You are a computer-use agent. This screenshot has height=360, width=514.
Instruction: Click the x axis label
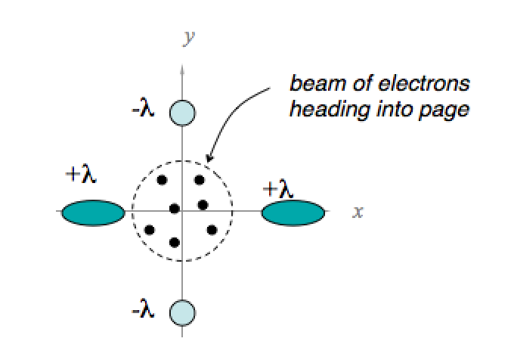(x=358, y=212)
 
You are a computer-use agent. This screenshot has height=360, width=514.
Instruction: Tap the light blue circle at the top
(x=182, y=113)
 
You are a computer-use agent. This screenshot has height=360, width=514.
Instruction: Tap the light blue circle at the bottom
(x=182, y=312)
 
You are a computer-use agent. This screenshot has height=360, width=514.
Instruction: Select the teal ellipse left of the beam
(x=92, y=213)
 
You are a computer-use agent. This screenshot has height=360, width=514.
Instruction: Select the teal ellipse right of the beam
(x=295, y=213)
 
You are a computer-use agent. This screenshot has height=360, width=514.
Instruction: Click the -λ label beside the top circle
(x=142, y=111)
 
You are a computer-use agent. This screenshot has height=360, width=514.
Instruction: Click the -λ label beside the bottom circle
(x=142, y=310)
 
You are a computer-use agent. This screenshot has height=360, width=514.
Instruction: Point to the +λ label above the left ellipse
(x=82, y=176)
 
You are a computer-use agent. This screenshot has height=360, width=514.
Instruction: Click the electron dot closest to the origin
(x=175, y=208)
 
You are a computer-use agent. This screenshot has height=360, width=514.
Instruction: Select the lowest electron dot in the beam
(x=175, y=242)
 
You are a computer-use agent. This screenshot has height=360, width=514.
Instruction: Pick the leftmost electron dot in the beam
(x=150, y=229)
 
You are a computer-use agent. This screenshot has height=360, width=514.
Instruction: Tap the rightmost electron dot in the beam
(x=212, y=229)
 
